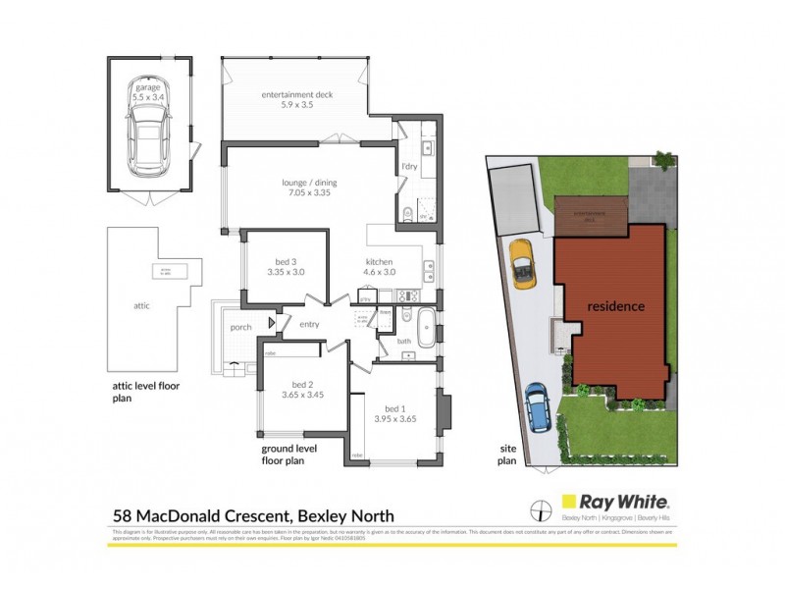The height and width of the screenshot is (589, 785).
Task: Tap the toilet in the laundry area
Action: [x=406, y=214]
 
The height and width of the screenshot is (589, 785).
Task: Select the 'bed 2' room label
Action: [x=301, y=390]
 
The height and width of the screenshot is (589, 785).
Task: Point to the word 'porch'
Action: [x=241, y=327]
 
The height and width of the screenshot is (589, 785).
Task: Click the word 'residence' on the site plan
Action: [x=615, y=306]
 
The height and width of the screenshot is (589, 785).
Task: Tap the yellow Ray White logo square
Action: [x=567, y=500]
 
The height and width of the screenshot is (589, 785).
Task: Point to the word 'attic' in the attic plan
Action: [x=141, y=306]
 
